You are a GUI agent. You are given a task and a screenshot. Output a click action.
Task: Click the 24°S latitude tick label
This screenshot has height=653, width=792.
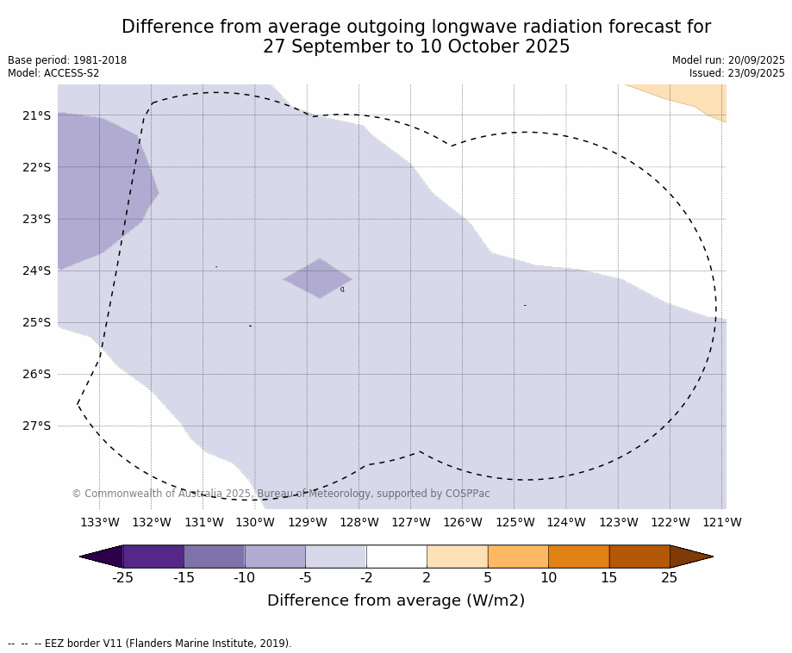36,271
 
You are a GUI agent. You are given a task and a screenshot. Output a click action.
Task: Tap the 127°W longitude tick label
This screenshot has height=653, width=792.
411,522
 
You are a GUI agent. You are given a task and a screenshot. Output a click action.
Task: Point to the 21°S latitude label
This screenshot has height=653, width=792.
36,115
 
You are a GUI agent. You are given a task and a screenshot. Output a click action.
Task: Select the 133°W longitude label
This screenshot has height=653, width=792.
100,522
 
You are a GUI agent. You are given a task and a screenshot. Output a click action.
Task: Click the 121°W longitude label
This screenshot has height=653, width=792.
722,522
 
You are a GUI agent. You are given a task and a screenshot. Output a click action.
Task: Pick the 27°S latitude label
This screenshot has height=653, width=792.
36,426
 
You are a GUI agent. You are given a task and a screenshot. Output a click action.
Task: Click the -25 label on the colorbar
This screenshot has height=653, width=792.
123,578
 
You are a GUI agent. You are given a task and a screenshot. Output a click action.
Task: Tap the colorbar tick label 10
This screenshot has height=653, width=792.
548,578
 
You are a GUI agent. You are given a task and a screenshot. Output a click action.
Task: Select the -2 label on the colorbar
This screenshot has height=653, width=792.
366,578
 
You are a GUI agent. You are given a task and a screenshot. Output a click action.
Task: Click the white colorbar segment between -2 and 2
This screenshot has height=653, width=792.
396,557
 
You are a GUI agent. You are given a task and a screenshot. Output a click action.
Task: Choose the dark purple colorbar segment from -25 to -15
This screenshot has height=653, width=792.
153,557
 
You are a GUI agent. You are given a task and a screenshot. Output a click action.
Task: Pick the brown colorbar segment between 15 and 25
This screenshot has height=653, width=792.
639,557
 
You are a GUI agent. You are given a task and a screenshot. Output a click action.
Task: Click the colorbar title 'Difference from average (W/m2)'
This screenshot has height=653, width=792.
396,601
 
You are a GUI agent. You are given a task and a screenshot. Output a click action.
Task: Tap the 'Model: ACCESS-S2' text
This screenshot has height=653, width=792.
53,73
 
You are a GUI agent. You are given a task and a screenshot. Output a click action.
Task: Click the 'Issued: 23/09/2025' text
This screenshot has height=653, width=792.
737,73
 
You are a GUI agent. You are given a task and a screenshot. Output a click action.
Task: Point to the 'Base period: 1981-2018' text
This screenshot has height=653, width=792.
67,60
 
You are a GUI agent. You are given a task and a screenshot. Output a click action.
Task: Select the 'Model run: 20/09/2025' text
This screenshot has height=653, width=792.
728,60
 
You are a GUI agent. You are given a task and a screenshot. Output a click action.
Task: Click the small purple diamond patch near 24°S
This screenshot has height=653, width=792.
318,278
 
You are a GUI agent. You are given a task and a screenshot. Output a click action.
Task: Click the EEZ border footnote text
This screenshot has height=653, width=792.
150,644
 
